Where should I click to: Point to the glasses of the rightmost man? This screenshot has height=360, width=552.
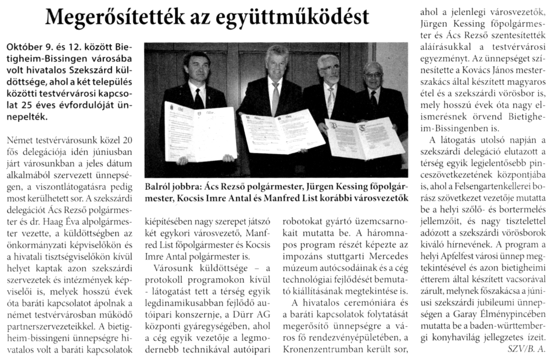(373, 75)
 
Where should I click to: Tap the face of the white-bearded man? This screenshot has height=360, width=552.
(329, 71)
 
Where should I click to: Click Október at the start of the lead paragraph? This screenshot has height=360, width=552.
(23, 46)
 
